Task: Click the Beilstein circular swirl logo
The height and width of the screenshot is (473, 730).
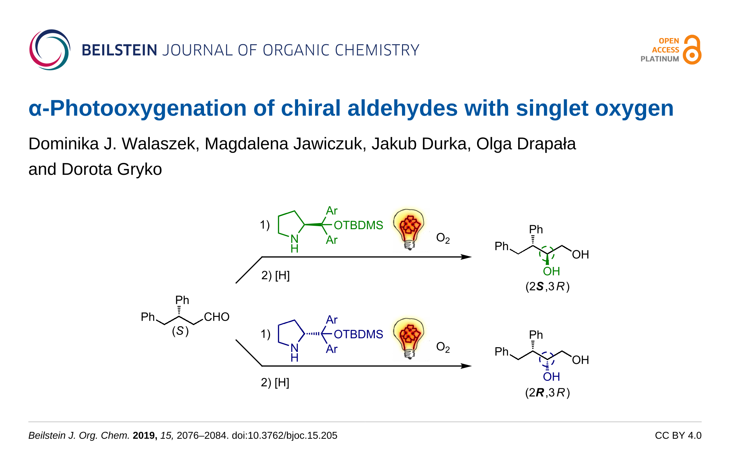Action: coord(50,50)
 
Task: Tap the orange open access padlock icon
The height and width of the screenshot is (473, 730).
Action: coord(692,50)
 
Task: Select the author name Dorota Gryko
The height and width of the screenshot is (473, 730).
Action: coord(112,169)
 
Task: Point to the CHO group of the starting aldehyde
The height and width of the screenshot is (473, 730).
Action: coord(217,317)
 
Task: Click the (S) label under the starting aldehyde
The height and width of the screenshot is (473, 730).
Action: coord(180,331)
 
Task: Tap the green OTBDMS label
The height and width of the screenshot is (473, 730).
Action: coord(358,225)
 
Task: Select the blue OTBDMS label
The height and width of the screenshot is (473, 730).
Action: coord(358,334)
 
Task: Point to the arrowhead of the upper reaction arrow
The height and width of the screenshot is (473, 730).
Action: coord(467,257)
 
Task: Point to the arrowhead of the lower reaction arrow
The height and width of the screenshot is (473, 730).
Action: coord(467,366)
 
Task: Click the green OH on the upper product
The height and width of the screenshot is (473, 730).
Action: coord(551,271)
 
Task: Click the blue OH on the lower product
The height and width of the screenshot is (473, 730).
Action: coord(551,377)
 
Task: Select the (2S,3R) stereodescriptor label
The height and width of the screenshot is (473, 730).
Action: coord(547,286)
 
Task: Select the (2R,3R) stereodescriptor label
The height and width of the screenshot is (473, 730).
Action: coord(547,392)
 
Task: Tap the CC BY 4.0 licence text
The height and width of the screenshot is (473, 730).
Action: coord(678,436)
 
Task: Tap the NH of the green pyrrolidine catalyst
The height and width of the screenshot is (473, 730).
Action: coord(294,243)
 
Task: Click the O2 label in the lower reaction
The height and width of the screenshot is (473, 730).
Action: coord(443,347)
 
